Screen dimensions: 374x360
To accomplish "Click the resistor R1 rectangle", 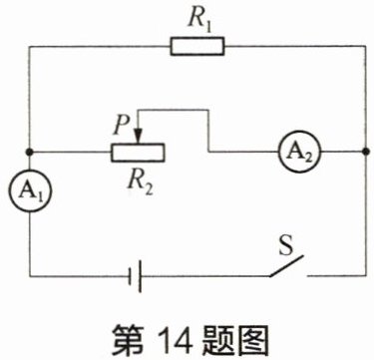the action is [197, 46].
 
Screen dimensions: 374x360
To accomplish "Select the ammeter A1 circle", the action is [30, 191].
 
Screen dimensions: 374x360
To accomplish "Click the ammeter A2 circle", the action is [299, 152].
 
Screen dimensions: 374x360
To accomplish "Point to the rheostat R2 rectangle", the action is [138, 153].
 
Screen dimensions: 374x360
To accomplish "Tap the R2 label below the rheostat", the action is [141, 182].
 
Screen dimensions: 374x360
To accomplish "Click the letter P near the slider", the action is [120, 127].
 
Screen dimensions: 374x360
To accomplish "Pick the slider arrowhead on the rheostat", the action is [138, 137].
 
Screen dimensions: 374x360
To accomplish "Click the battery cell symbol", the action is [137, 276].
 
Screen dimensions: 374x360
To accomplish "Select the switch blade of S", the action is [286, 265].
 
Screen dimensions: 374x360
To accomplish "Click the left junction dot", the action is [30, 153].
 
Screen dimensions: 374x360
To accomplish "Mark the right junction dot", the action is [366, 152].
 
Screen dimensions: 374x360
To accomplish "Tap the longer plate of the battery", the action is [141, 276].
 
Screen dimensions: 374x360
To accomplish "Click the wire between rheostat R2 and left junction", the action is [71, 153].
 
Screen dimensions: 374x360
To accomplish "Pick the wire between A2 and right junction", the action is [343, 152].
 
